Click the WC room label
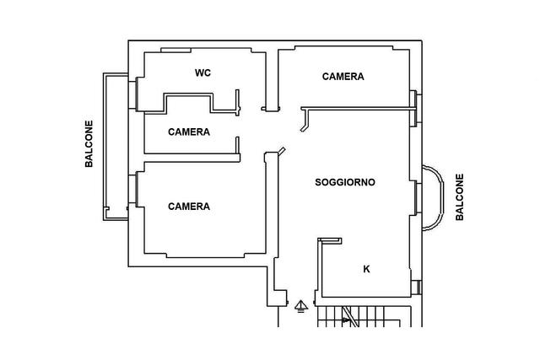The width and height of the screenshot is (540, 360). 202,73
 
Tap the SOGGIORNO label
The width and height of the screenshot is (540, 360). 345,182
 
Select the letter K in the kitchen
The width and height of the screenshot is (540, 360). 366,269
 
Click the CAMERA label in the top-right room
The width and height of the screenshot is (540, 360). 343,77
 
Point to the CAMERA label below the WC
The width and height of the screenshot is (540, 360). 189,132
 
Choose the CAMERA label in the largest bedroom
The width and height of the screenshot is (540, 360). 189,207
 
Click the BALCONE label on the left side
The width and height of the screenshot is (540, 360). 89,144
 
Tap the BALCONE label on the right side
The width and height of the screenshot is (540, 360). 460,197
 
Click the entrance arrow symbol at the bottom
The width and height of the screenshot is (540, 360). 301,306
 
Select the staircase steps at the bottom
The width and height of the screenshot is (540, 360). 358,316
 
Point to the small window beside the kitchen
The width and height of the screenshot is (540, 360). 416,287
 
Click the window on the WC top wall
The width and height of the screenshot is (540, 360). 176,51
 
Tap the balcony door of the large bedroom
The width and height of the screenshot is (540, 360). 133,190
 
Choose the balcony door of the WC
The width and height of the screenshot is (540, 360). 133,94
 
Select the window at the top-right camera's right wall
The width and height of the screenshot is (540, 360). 415,109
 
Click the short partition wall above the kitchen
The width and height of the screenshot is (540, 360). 330,241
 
